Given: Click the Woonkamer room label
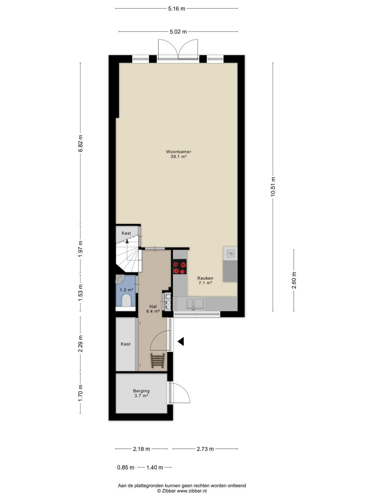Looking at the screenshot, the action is (179, 152).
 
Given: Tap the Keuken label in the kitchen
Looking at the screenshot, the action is (205, 278).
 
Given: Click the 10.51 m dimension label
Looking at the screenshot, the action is (273, 187).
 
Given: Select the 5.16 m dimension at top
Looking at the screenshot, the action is (176, 9).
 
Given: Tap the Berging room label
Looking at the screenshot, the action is (141, 391).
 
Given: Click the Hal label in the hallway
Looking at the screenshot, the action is (153, 307).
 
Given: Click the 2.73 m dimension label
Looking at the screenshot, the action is (205, 449).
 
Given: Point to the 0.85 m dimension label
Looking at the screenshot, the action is (126, 468).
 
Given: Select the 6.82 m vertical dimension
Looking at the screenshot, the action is (80, 143).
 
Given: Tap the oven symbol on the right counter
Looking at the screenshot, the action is (231, 254).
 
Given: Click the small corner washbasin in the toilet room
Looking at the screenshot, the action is (119, 279).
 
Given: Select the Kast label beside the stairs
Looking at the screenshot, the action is (126, 233).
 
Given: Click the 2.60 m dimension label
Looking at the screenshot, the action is (294, 280).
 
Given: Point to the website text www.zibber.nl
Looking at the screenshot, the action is (192, 491).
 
